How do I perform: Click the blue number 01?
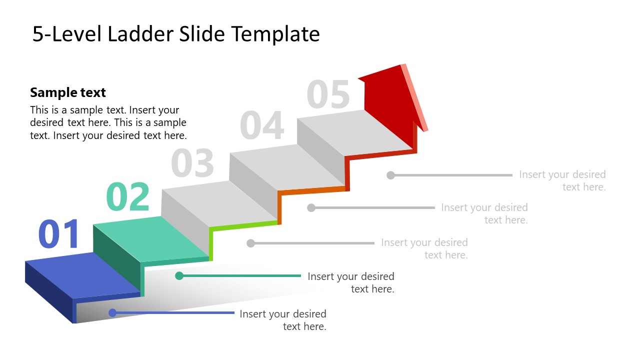pyautogui.click(x=59, y=234)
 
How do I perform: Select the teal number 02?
pyautogui.click(x=128, y=197)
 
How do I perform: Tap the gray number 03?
pyautogui.click(x=192, y=163)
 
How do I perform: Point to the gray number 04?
pyautogui.click(x=262, y=126)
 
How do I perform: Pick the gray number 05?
pyautogui.click(x=328, y=94)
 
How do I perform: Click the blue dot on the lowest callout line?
pyautogui.click(x=112, y=313)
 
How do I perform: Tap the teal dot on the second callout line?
pyautogui.click(x=179, y=275)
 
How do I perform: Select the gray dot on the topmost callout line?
pyautogui.click(x=391, y=175)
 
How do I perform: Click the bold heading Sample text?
pyautogui.click(x=68, y=92)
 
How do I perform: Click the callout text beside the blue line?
pyautogui.click(x=283, y=320)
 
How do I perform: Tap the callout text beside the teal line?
pyautogui.click(x=351, y=282)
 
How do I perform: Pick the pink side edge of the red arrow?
pyautogui.click(x=414, y=97)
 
